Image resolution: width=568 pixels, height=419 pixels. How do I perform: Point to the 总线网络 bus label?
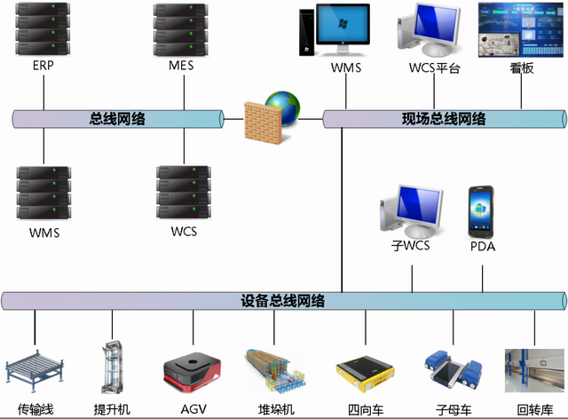(118, 118)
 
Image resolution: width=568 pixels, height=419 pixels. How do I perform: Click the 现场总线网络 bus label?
(444, 118)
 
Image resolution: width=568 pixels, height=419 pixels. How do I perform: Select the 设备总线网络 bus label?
(282, 301)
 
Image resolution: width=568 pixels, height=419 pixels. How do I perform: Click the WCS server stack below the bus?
(180, 192)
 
